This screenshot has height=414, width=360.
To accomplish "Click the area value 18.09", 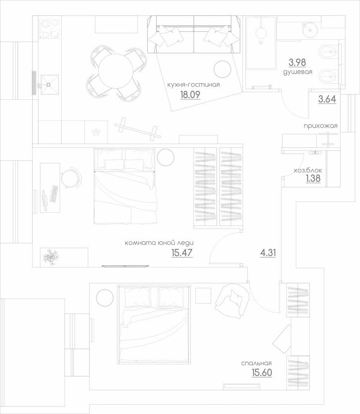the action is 190,94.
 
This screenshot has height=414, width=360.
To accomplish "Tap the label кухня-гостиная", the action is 194,85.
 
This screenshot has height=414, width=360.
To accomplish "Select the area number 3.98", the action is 297,63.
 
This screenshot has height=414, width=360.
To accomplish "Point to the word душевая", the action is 298,72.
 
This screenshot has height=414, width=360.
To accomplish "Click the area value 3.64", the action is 327,99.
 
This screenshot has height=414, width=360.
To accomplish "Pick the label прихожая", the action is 320,126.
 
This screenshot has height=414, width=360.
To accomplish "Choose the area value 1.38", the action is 313,178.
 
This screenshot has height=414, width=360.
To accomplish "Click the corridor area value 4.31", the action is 268,253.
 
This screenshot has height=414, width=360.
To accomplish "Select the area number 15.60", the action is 262,373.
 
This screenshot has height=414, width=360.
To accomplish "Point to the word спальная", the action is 256,363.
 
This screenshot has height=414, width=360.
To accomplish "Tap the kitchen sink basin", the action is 50,85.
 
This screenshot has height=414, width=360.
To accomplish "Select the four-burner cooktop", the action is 50,29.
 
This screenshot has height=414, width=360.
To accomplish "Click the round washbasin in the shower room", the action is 310,30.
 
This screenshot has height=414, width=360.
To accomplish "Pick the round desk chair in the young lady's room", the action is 70,178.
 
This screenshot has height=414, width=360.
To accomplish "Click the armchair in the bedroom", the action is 232,301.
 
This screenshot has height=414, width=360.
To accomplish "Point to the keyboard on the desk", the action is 54,194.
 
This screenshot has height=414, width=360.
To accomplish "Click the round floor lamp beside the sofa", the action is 222,69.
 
